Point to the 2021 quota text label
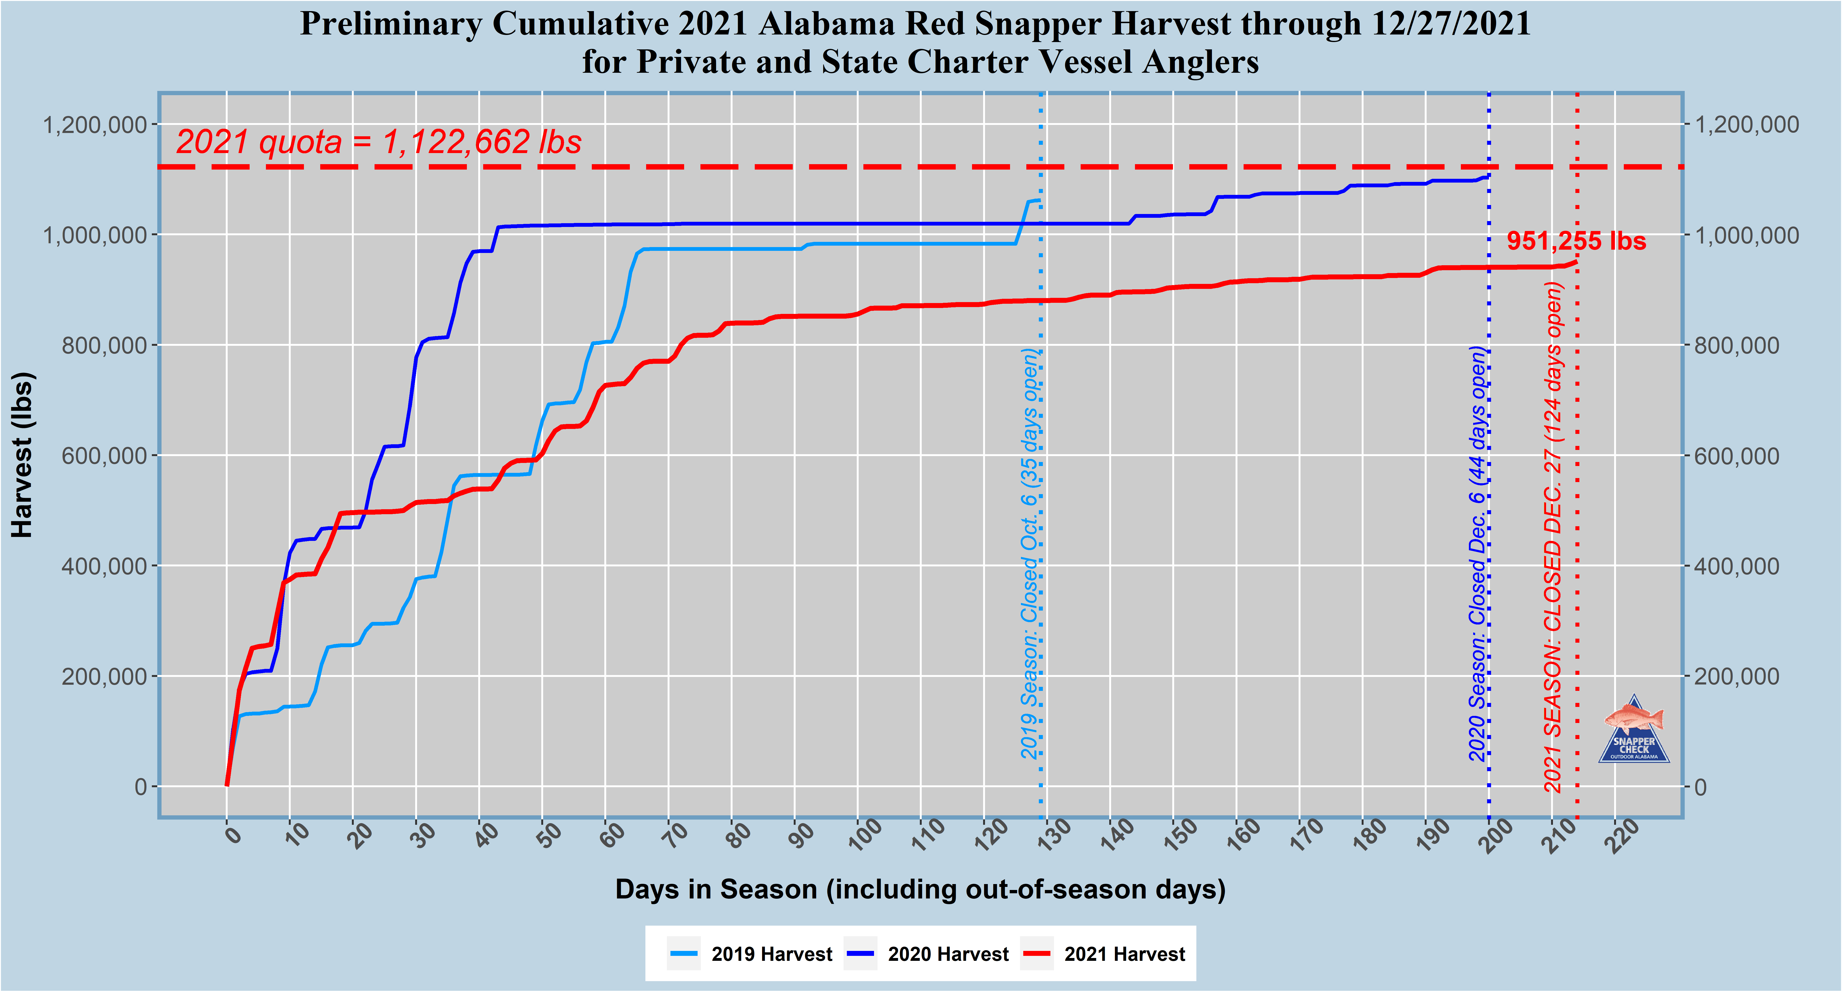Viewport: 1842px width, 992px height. (x=379, y=142)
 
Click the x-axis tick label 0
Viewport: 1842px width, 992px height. (x=232, y=833)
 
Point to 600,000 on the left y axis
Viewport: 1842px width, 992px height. (x=104, y=456)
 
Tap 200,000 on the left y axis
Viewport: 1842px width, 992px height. (x=104, y=677)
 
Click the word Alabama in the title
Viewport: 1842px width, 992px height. (x=826, y=24)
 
